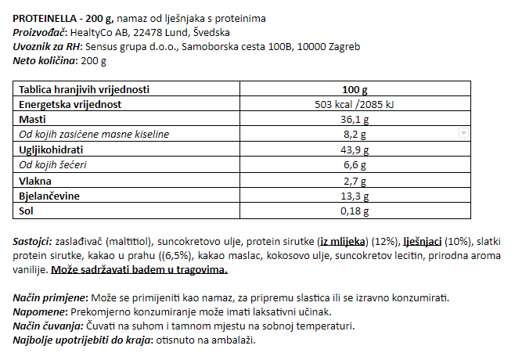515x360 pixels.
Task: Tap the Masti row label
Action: (31, 119)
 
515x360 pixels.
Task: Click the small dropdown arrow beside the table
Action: (463, 134)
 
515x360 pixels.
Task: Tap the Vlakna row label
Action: (34, 180)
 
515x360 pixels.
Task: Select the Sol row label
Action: (26, 210)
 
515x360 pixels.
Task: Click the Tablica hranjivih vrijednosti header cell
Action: (84, 89)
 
